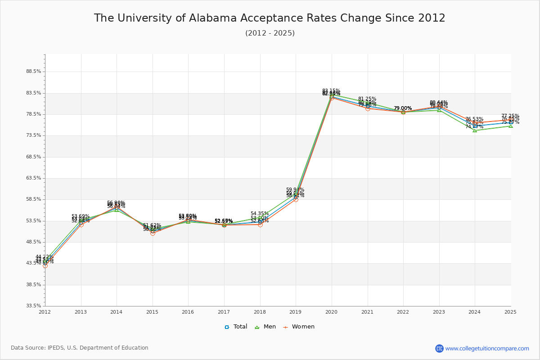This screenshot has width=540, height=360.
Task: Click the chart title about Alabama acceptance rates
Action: (x=270, y=18)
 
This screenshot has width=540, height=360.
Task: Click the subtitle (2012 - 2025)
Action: (x=270, y=33)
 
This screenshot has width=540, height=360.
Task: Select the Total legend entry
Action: (x=236, y=327)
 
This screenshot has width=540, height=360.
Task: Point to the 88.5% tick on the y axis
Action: (x=34, y=72)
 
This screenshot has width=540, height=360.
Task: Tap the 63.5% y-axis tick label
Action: (x=34, y=178)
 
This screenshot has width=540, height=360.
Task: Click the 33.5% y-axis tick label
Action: (x=34, y=306)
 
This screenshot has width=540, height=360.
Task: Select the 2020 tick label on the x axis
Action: (x=332, y=312)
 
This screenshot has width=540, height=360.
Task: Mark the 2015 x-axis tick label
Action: (x=153, y=312)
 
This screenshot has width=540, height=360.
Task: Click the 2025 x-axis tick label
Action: (x=510, y=312)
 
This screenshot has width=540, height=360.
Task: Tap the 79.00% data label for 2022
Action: (x=403, y=108)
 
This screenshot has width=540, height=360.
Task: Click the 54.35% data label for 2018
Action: (x=260, y=214)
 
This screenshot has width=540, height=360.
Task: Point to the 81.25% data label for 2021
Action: (x=367, y=99)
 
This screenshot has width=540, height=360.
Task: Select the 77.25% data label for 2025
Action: (x=510, y=116)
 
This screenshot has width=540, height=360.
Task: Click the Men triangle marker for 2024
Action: (x=475, y=130)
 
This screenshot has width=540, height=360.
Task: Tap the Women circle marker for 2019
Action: (x=296, y=199)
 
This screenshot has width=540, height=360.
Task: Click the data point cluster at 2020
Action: (x=332, y=97)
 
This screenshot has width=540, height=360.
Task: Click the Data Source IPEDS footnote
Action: (x=80, y=348)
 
